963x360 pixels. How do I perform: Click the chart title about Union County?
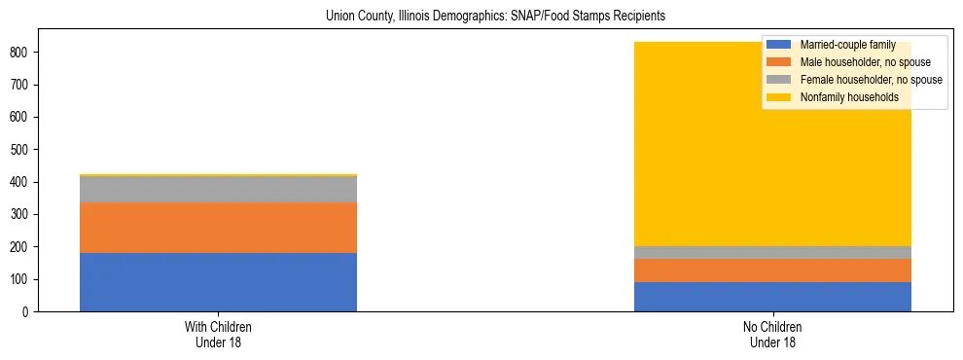pos(481,17)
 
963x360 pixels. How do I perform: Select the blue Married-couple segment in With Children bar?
pos(218,282)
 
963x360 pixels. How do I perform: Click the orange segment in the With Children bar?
pos(218,228)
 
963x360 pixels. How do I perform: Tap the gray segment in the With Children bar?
pos(218,190)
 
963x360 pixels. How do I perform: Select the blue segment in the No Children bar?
pos(772,297)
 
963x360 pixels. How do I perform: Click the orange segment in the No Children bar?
pos(772,270)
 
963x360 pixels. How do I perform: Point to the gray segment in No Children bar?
pos(772,253)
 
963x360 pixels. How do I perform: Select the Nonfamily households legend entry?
pos(842,97)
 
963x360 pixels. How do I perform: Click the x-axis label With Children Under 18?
pos(218,335)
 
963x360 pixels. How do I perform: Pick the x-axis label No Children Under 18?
pos(772,335)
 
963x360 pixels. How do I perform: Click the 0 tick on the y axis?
pos(29,312)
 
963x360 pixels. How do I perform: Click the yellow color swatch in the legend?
pos(778,97)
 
